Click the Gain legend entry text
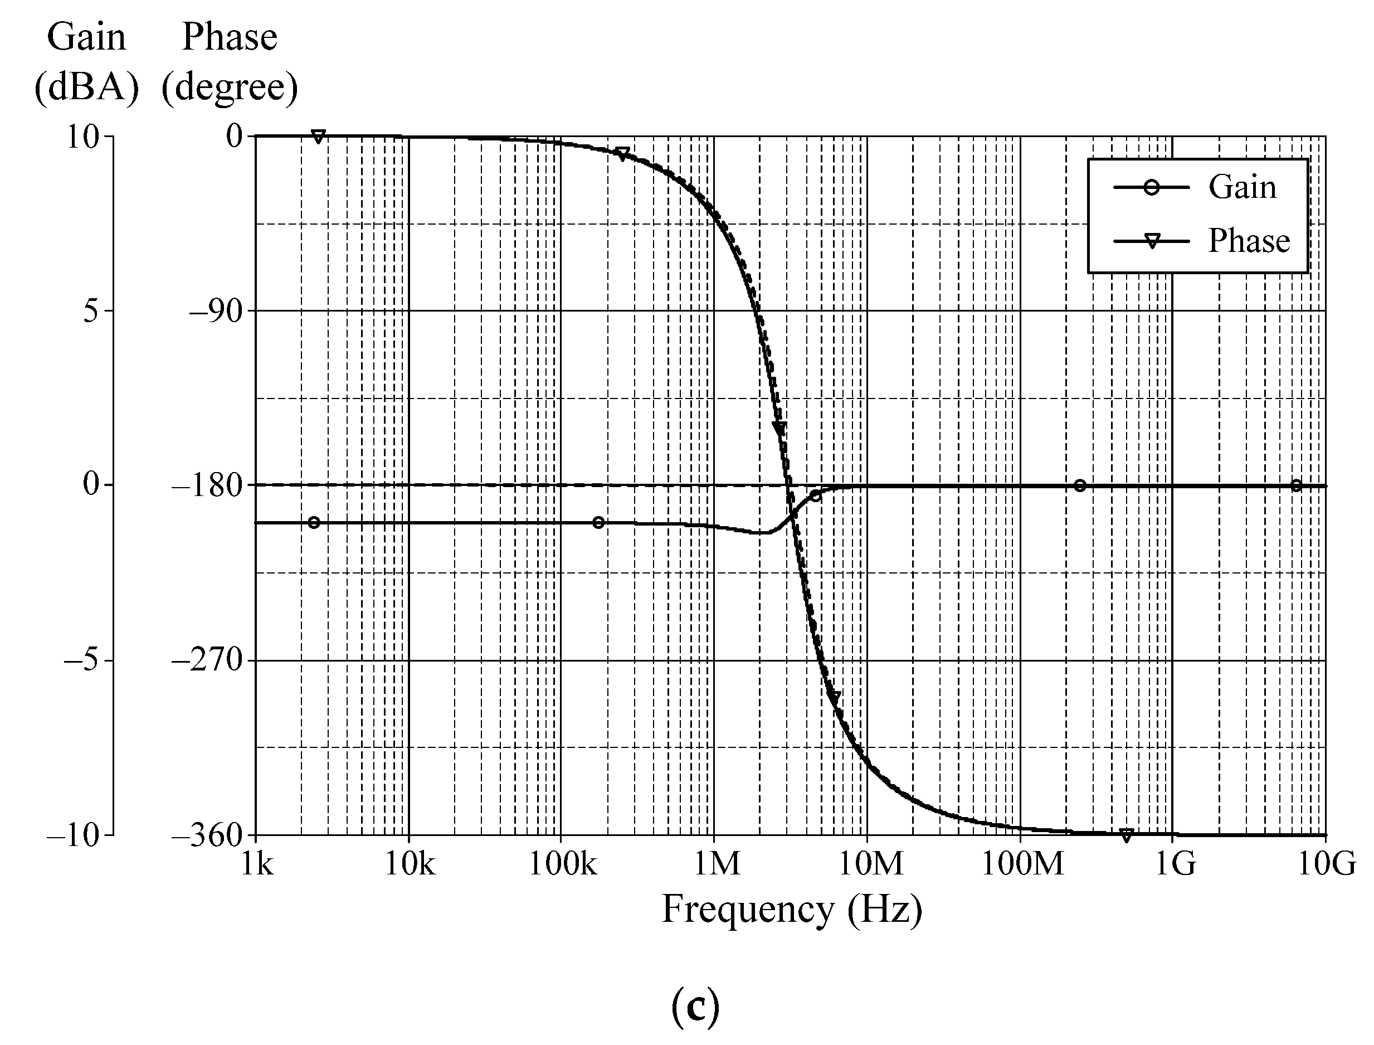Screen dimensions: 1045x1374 (x=1241, y=187)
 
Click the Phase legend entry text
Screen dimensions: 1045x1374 (x=1249, y=241)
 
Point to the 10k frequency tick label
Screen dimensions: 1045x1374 (x=409, y=863)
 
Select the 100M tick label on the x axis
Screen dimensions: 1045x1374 (x=1022, y=863)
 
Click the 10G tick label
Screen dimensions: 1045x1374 (x=1326, y=863)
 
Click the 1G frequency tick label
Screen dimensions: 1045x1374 (x=1175, y=863)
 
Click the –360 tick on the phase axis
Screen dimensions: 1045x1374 (x=207, y=835)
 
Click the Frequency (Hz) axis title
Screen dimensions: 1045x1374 (x=791, y=910)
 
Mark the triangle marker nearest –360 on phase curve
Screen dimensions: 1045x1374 (x=1126, y=835)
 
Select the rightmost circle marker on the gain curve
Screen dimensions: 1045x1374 (x=1295, y=486)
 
